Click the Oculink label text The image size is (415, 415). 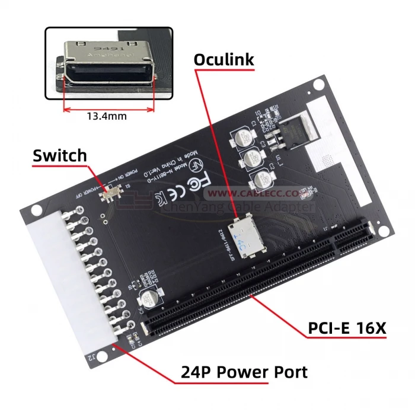[224, 60]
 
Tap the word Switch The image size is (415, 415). [60, 156]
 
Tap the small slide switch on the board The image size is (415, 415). [110, 194]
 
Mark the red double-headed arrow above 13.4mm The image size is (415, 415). [108, 108]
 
